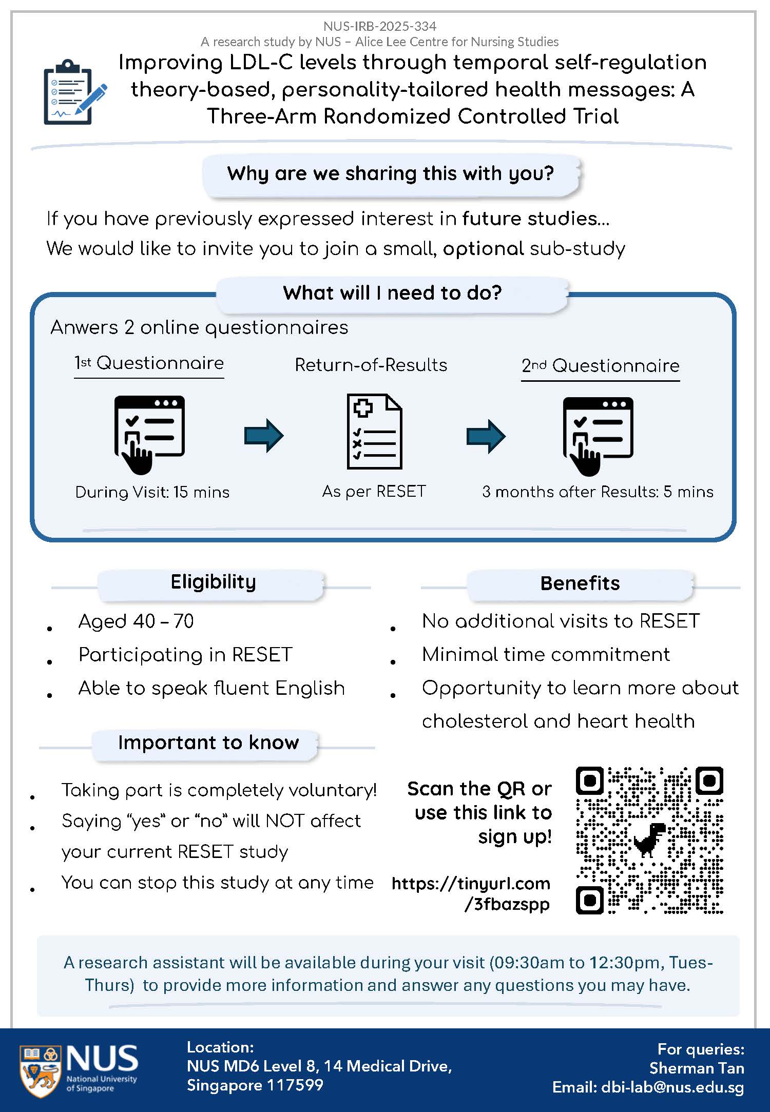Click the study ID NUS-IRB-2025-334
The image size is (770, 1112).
(380, 26)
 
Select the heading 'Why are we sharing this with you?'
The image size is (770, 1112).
(391, 173)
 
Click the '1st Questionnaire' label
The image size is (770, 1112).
(149, 363)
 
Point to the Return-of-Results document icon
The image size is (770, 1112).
(374, 431)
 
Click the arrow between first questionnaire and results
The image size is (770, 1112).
(264, 436)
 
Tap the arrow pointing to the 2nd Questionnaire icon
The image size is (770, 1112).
(486, 436)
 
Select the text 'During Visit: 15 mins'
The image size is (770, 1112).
(152, 492)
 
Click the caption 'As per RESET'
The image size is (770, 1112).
(374, 491)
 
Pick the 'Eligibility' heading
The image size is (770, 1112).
(213, 582)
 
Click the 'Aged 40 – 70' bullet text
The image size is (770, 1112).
(136, 621)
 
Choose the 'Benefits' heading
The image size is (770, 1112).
(580, 583)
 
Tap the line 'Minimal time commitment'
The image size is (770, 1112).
(546, 655)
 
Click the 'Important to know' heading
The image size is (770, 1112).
(208, 743)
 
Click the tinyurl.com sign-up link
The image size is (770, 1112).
(471, 893)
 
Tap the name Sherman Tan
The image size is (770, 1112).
(697, 1068)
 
